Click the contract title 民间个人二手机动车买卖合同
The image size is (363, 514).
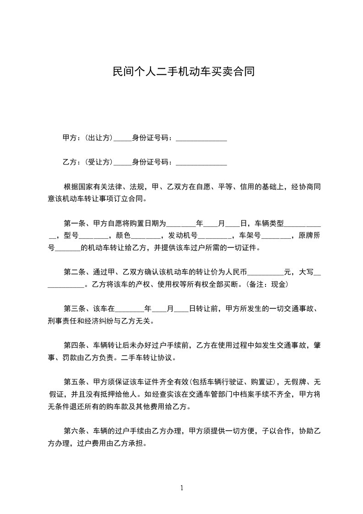[181, 72]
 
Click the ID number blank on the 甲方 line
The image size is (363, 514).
[201, 138]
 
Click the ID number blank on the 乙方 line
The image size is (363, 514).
[201, 163]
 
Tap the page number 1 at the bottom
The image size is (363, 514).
[182, 488]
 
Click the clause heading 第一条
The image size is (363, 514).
[75, 224]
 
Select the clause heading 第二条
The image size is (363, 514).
[75, 272]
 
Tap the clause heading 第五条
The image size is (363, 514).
[75, 382]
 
